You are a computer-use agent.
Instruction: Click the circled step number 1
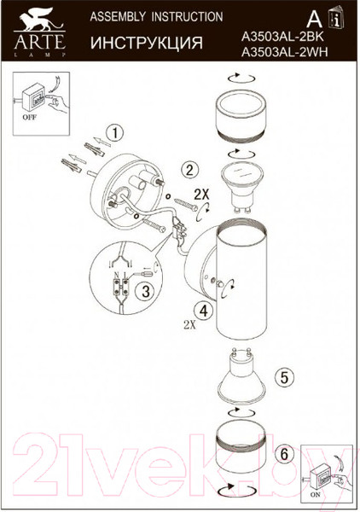[114, 134]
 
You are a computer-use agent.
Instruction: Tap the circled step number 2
[190, 170]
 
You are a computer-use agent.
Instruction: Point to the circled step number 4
[203, 311]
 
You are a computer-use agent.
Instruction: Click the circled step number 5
[285, 377]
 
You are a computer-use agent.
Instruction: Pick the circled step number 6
[284, 454]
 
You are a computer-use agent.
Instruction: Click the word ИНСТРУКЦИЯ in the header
[147, 43]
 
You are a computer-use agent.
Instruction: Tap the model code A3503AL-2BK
[282, 37]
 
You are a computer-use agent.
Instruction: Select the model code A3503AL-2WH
[285, 52]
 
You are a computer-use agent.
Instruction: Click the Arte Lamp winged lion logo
[40, 32]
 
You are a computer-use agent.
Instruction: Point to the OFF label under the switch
[30, 117]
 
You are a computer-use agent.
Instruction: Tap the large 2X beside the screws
[201, 195]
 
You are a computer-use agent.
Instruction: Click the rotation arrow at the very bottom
[237, 499]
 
